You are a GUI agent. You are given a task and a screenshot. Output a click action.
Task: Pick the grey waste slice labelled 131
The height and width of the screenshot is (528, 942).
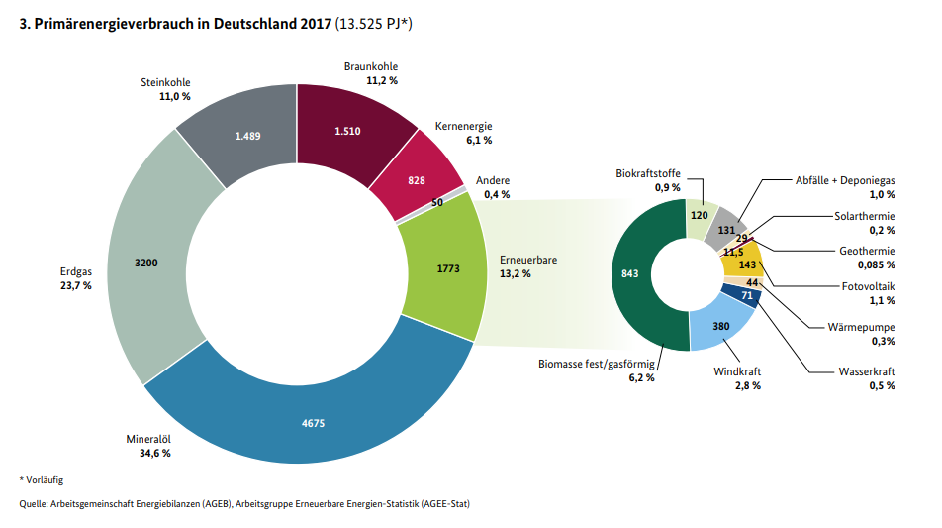(x=728, y=227)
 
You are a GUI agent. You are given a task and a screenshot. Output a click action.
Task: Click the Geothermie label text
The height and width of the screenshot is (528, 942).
(x=866, y=251)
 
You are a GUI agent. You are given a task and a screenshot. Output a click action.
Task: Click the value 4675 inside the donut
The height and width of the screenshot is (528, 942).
(x=314, y=423)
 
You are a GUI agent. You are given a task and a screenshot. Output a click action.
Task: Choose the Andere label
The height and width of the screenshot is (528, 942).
(x=493, y=180)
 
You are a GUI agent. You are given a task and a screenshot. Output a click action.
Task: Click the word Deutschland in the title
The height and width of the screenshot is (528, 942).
(x=249, y=24)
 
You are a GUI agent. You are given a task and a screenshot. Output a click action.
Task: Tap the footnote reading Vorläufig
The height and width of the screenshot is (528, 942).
(x=43, y=480)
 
